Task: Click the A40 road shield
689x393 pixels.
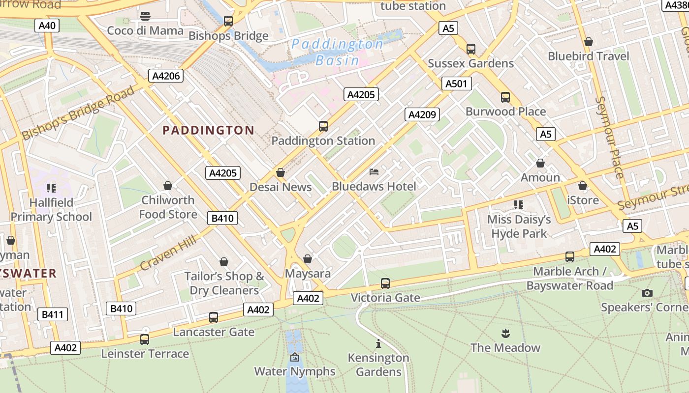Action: [47, 26]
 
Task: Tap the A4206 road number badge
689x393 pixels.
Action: [166, 76]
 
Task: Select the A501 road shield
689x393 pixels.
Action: [456, 84]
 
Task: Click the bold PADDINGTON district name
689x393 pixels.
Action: [208, 130]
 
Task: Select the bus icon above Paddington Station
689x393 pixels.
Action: [323, 126]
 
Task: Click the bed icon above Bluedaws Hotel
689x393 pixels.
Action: [374, 172]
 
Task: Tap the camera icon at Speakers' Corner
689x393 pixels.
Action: [647, 293]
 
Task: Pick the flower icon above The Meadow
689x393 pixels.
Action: [505, 334]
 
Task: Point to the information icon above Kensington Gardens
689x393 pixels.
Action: [378, 344]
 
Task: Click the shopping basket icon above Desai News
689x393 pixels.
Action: [281, 173]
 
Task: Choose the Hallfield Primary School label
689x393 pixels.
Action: [51, 210]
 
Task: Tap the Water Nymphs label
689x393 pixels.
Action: [294, 371]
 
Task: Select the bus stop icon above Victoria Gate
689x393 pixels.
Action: [385, 283]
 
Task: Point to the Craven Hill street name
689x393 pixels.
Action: [168, 253]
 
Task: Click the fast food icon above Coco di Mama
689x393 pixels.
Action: [145, 16]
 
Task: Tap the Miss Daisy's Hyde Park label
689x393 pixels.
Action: [519, 226]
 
